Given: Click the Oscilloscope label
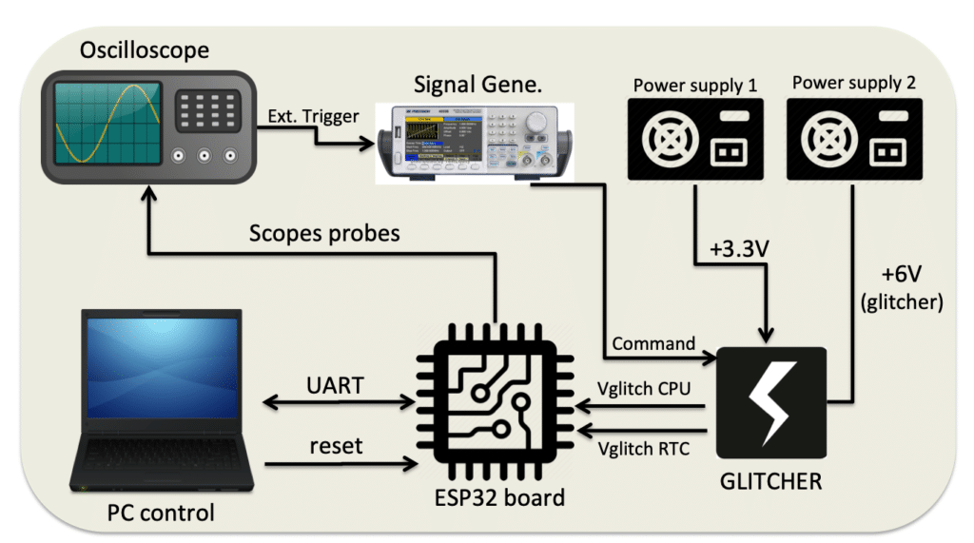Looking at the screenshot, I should tap(146, 49).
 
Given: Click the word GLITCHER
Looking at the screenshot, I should tap(771, 481).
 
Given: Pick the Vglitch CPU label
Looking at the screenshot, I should tap(645, 389).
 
